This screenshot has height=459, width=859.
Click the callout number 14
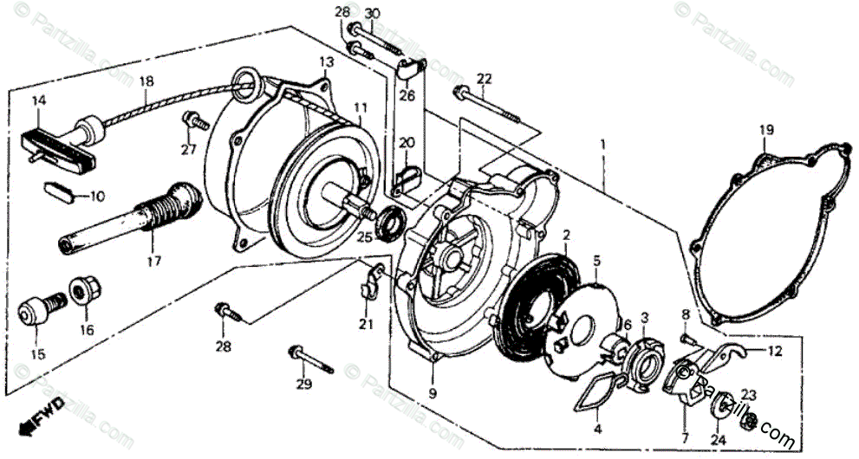pyautogui.click(x=37, y=100)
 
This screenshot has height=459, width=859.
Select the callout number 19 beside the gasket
pyautogui.click(x=766, y=130)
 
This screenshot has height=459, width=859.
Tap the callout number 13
pyautogui.click(x=325, y=62)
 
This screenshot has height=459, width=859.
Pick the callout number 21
pyautogui.click(x=365, y=324)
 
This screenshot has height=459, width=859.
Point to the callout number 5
pyautogui.click(x=596, y=259)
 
